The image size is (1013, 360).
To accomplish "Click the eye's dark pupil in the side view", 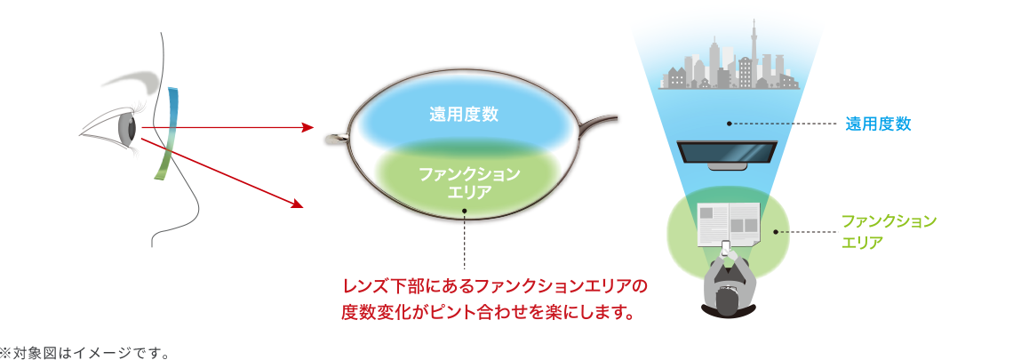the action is click(132, 128).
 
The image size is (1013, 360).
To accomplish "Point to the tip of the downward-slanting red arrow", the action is click(303, 207).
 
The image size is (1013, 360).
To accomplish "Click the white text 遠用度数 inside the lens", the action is click(464, 115).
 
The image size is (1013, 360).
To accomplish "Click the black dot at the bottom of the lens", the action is click(464, 211).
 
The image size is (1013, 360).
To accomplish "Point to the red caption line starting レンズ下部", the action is click(494, 285).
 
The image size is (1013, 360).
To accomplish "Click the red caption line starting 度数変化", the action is click(486, 314).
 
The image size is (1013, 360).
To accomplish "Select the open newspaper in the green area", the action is click(728, 224).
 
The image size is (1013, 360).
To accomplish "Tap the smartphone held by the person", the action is click(726, 247).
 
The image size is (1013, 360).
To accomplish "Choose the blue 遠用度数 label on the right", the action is click(878, 124).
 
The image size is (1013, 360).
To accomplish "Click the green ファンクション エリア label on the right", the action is click(889, 231).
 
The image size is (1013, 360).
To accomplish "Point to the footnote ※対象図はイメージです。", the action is click(84, 353).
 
